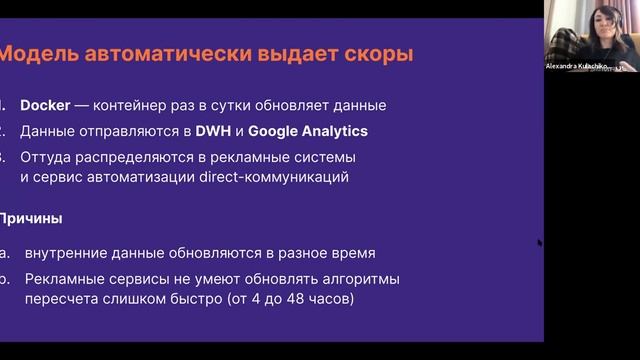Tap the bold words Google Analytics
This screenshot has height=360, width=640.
pos(308,131)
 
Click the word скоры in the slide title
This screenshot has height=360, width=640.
pos(379,53)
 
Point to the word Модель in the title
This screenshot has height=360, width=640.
pos(42,53)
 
